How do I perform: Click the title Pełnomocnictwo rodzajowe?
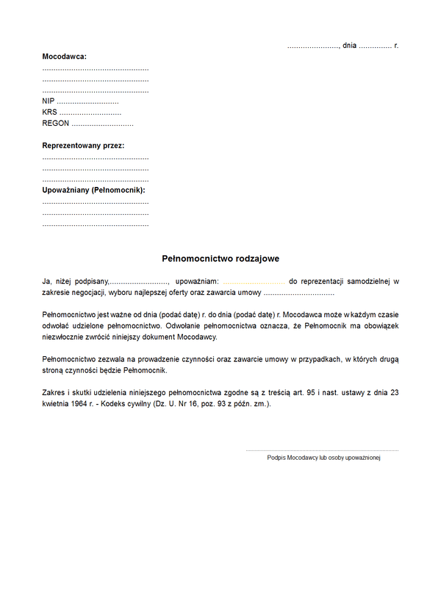[x=220, y=259]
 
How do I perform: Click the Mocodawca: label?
[x=65, y=57]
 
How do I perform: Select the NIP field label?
[x=49, y=102]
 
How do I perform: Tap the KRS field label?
[x=49, y=113]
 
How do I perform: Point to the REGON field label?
[x=56, y=124]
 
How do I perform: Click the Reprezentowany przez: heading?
[x=83, y=146]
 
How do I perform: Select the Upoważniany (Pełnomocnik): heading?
[x=93, y=190]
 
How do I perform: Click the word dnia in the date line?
[x=349, y=46]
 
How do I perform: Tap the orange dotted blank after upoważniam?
[x=253, y=282]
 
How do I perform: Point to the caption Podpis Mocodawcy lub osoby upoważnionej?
[x=323, y=458]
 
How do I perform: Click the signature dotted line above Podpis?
[x=322, y=450]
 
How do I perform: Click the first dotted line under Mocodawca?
[x=96, y=69]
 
